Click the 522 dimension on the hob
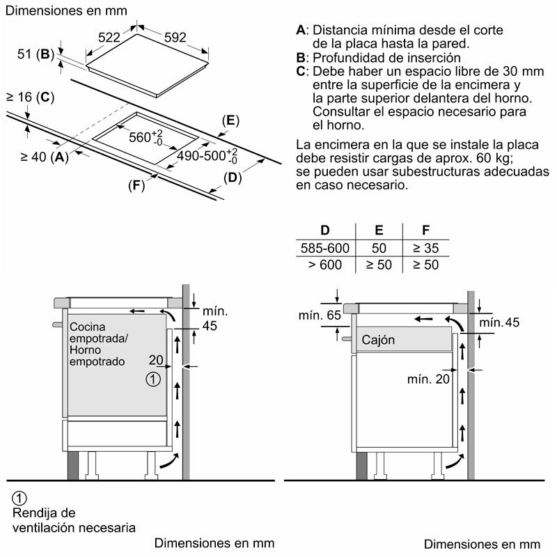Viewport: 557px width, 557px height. click(x=109, y=38)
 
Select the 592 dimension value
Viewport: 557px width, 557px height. click(x=175, y=38)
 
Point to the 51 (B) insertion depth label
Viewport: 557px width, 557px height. click(x=36, y=54)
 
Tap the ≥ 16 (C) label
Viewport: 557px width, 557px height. click(x=31, y=97)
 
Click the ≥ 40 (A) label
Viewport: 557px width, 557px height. click(x=45, y=157)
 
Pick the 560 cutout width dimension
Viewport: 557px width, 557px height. click(x=146, y=136)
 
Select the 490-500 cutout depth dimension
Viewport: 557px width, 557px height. click(x=207, y=156)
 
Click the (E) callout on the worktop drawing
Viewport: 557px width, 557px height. click(x=230, y=120)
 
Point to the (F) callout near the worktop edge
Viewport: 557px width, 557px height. click(x=136, y=185)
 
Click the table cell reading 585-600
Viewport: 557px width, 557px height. click(x=325, y=248)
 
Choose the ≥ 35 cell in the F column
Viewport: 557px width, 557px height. click(x=426, y=248)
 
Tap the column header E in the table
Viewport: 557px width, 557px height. click(x=379, y=230)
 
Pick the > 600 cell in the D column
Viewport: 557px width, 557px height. click(x=325, y=265)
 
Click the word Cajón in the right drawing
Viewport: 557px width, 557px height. click(x=378, y=340)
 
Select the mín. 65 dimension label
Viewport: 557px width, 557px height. click(x=320, y=315)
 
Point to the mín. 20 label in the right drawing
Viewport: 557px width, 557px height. click(x=428, y=379)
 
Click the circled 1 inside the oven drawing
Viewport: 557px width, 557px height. click(x=153, y=379)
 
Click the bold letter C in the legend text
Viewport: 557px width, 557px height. click(x=301, y=72)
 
